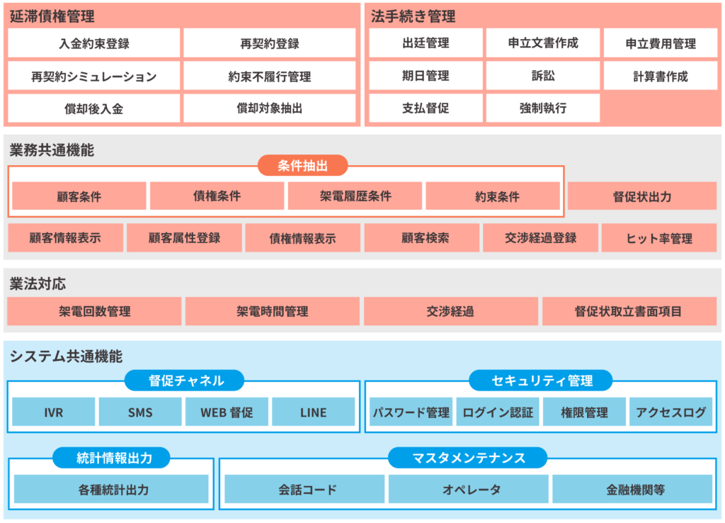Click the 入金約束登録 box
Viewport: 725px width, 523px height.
[x=94, y=43]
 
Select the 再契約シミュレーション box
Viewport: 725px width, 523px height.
[x=94, y=76]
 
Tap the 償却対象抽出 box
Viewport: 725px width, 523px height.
[x=269, y=108]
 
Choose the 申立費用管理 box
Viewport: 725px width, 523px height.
[x=661, y=43]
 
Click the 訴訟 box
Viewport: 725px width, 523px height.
[x=543, y=76]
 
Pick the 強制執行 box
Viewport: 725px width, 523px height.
[x=543, y=108]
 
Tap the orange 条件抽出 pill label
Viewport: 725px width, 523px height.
[x=302, y=166]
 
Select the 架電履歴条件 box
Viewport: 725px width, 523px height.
[x=355, y=196]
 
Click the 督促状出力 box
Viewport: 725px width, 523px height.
[x=642, y=196]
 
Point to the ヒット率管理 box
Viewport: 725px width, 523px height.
[x=659, y=238]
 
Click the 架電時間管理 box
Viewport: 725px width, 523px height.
[x=273, y=311]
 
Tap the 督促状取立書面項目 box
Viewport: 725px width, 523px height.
[x=629, y=311]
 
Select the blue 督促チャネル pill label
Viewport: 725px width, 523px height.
[x=185, y=381]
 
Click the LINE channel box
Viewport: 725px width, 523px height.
[x=313, y=412]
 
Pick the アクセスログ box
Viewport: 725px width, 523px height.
[x=670, y=412]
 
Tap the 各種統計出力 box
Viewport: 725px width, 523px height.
[x=111, y=489]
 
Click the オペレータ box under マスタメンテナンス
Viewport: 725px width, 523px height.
[x=468, y=489]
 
